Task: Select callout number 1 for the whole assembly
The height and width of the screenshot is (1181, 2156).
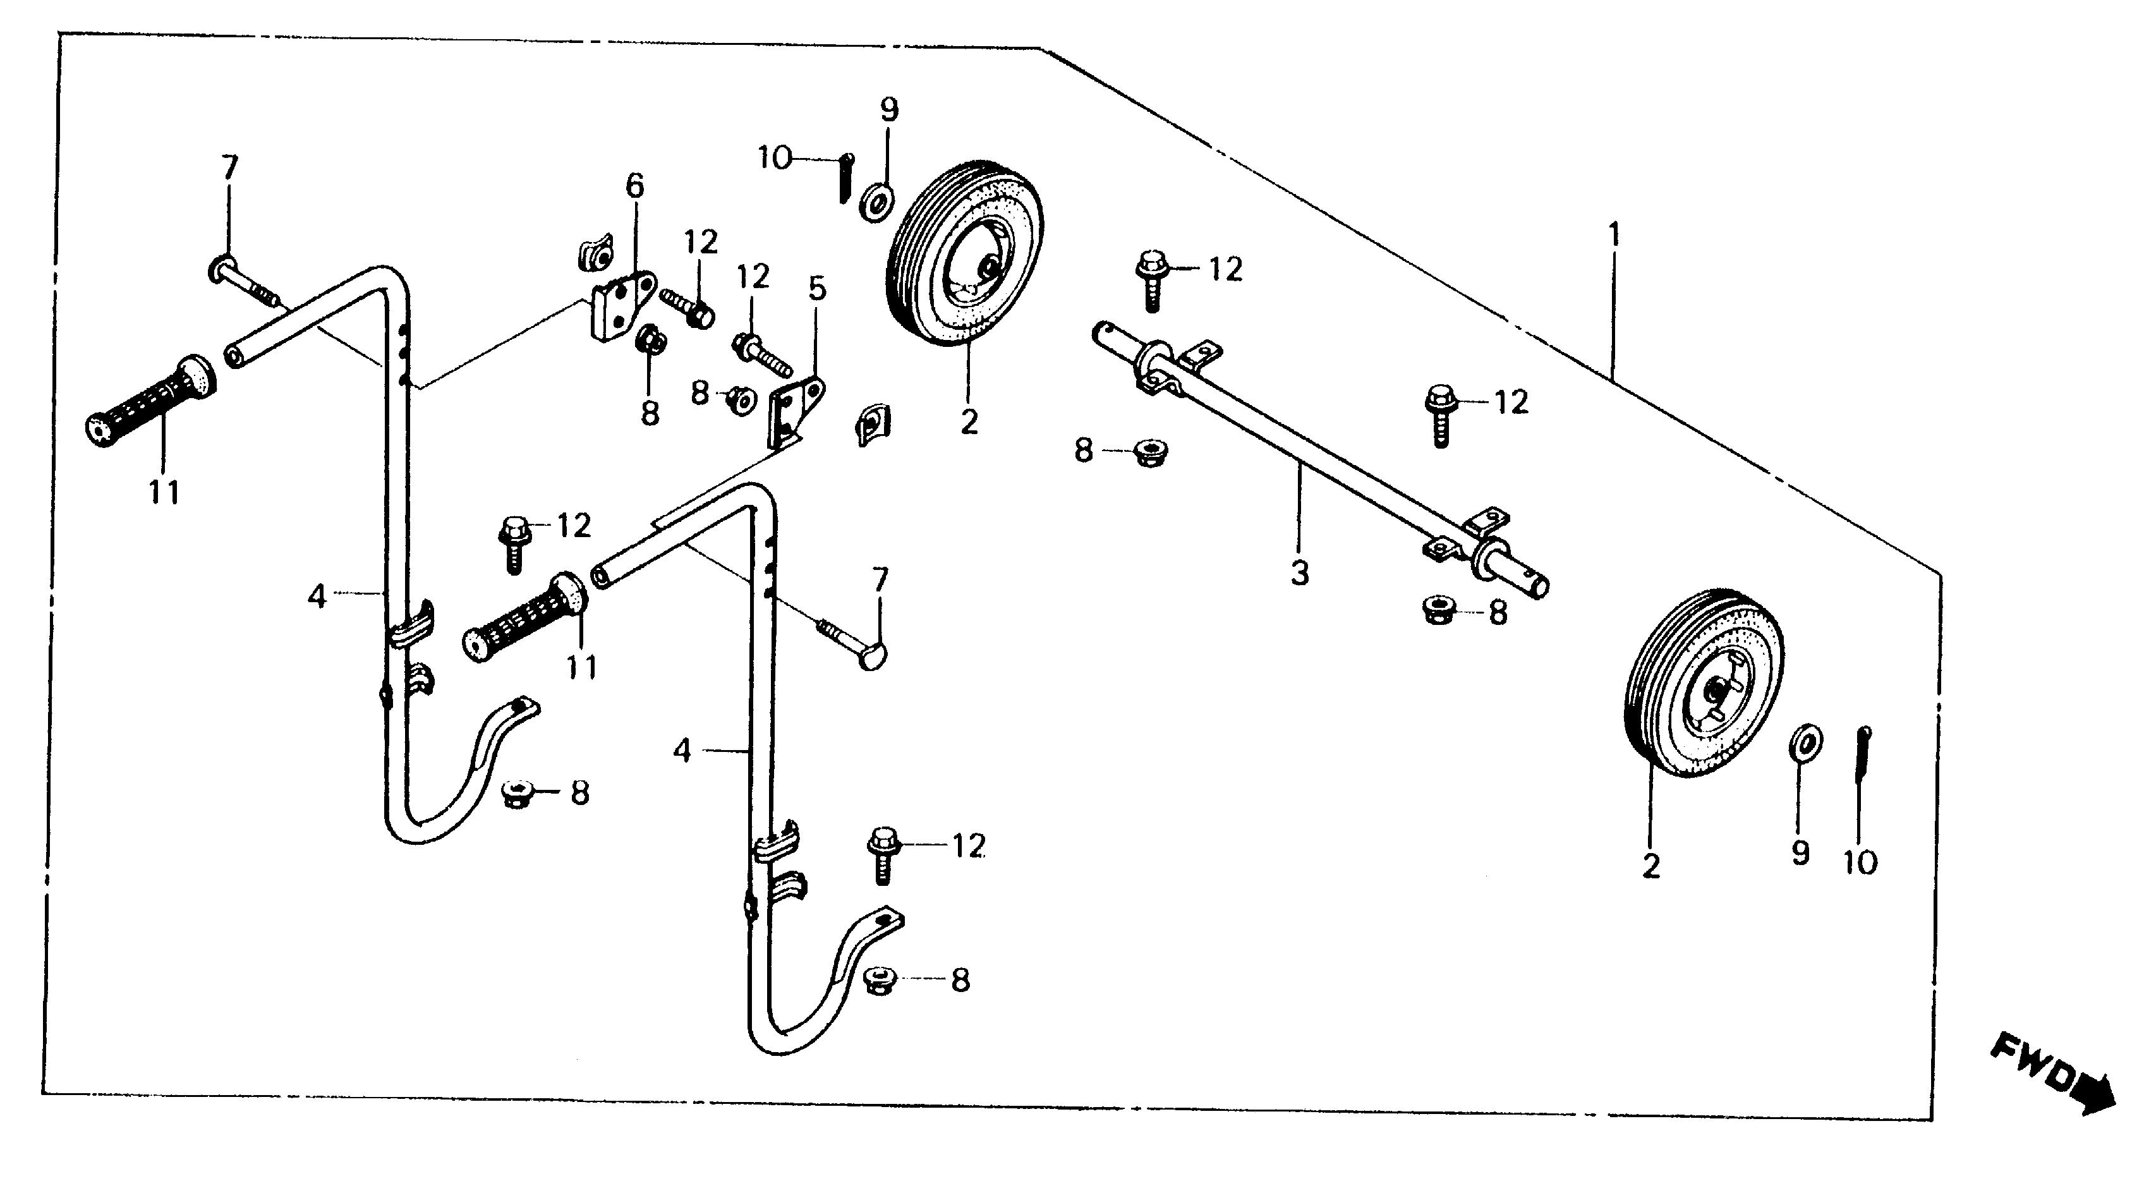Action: [1614, 234]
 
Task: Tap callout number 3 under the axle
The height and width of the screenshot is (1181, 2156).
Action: [1299, 574]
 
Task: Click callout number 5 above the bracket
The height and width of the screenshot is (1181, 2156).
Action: [817, 289]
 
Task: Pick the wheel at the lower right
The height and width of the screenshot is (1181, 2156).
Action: [1703, 682]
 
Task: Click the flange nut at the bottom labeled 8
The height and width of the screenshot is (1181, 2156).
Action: [876, 980]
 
